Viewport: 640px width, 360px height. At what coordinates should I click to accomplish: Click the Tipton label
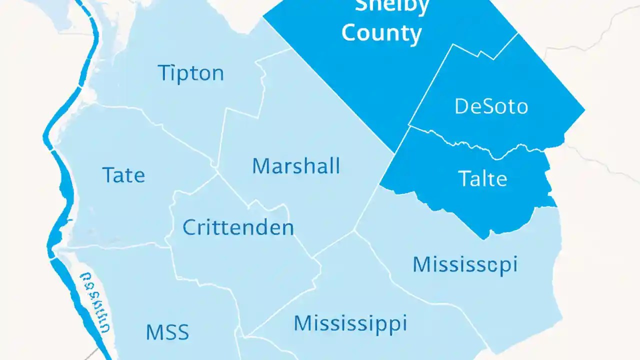click(x=190, y=73)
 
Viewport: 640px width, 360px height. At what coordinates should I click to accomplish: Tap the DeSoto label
click(x=491, y=106)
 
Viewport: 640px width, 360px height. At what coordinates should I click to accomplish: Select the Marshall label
click(x=296, y=166)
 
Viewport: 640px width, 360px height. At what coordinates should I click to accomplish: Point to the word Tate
click(x=123, y=175)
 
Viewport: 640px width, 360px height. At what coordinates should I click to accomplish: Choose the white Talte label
click(x=482, y=178)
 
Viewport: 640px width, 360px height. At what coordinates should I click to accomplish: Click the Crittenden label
click(x=238, y=228)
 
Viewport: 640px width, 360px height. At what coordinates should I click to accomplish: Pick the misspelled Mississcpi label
click(x=465, y=264)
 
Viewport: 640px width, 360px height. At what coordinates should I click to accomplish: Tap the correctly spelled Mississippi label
click(x=350, y=323)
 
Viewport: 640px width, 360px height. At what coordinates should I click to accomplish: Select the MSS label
click(x=167, y=332)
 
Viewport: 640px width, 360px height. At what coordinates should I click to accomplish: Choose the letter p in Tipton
click(x=180, y=76)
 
